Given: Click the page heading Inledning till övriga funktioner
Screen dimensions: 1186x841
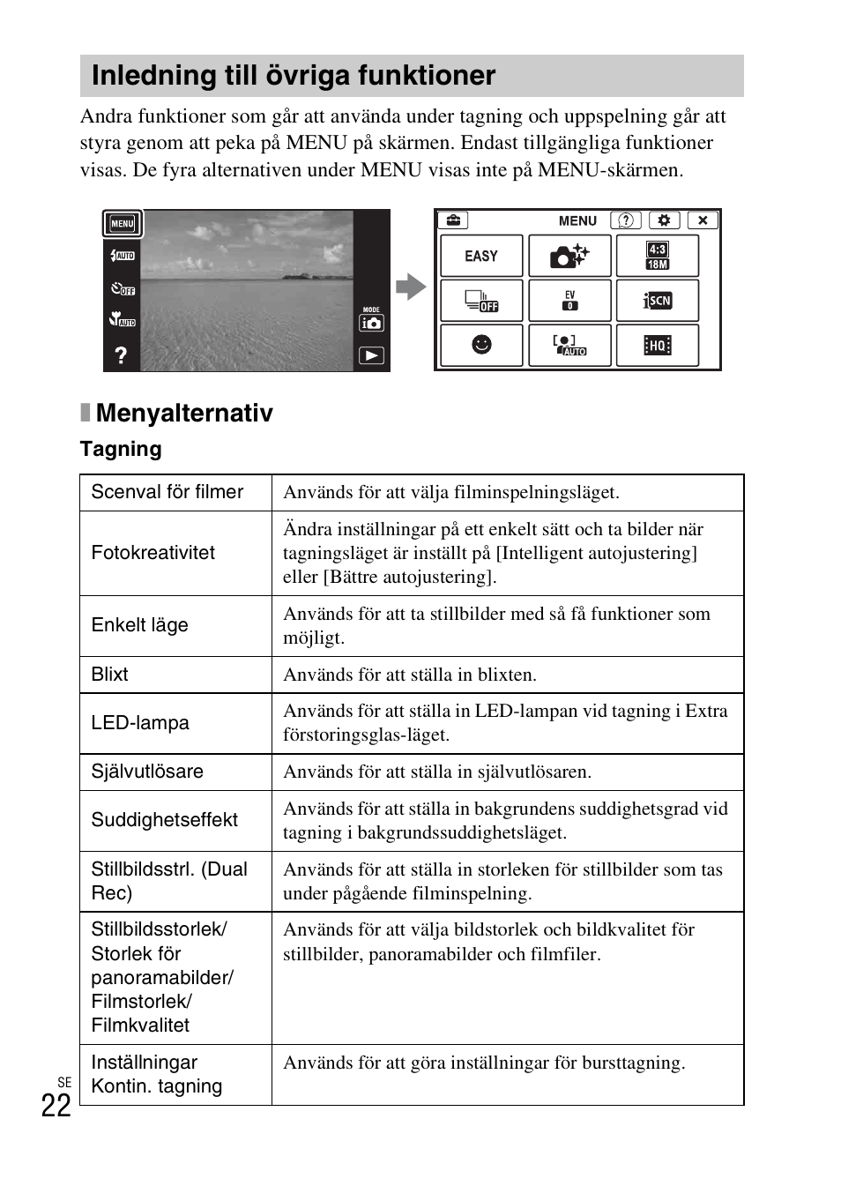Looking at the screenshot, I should [x=294, y=76].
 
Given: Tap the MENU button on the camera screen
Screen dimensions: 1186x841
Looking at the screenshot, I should [x=123, y=224].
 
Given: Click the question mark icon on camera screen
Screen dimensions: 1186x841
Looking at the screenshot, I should [x=121, y=354].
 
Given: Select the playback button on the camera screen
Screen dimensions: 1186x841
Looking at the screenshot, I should [x=371, y=355].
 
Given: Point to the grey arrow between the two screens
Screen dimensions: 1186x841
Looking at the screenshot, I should [x=411, y=287].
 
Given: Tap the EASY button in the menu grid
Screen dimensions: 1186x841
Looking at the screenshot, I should [x=481, y=256].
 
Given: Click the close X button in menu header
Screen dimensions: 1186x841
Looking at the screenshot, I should [x=703, y=220].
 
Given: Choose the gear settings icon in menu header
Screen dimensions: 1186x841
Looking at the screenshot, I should [x=664, y=220].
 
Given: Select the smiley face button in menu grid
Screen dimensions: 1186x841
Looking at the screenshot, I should [x=481, y=345].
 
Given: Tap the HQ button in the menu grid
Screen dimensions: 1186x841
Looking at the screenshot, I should [x=658, y=345].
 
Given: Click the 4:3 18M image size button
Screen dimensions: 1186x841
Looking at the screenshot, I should [x=658, y=256].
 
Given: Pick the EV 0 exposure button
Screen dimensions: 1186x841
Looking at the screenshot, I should [x=569, y=301].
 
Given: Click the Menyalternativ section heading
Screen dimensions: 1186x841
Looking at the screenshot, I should [x=184, y=413].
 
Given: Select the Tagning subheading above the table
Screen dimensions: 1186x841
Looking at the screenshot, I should [x=121, y=449].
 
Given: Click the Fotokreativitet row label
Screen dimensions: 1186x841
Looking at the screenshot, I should [x=153, y=553].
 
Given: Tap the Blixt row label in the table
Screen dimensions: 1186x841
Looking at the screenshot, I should [x=110, y=675].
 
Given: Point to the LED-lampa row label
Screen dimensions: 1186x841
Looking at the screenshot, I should [x=140, y=723].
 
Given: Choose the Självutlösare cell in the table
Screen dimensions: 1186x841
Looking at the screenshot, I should [x=147, y=772].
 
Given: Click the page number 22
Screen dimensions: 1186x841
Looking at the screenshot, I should [x=56, y=1106].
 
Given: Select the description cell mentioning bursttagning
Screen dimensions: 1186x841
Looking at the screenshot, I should [x=484, y=1063].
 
